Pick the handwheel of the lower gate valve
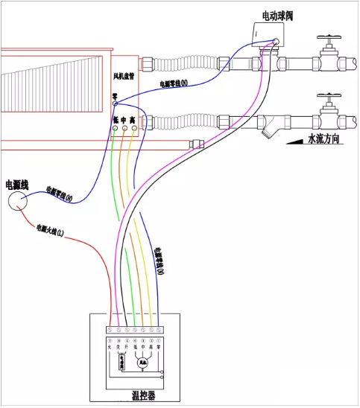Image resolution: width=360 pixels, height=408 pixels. coord(329,97)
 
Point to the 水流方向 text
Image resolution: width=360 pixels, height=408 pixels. coord(327,138)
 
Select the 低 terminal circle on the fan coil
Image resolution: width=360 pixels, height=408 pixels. coord(116,129)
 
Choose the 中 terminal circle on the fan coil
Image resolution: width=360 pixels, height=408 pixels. coord(124,129)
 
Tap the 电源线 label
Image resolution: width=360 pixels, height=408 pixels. coord(17,183)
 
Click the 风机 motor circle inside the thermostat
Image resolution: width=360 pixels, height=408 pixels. coord(142,363)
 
